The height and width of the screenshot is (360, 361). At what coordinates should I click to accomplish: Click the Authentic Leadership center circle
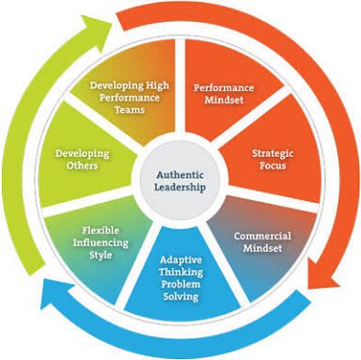(180, 179)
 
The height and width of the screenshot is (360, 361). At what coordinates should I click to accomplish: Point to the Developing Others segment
(81, 160)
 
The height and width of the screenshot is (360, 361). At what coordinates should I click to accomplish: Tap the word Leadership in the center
(180, 186)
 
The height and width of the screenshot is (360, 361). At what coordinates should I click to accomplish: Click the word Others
(82, 167)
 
